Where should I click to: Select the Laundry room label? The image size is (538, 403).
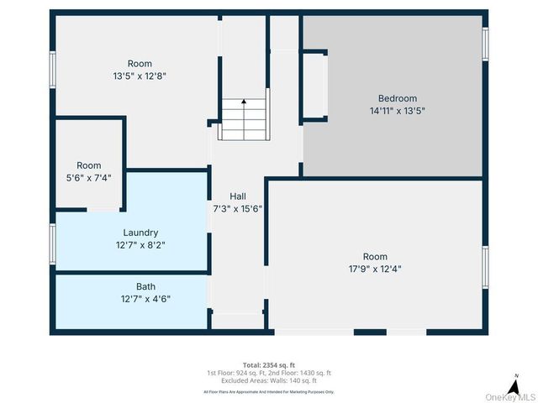click(x=140, y=233)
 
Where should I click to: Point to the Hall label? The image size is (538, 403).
click(x=238, y=196)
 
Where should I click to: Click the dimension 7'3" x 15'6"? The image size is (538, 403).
click(x=238, y=208)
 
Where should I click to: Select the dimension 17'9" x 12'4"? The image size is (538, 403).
click(x=375, y=270)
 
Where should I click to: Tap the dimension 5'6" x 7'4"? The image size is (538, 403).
click(x=89, y=178)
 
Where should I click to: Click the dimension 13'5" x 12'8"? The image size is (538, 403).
click(x=140, y=76)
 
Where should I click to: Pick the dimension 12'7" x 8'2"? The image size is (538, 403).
click(x=140, y=245)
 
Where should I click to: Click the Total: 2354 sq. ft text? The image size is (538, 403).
click(x=268, y=364)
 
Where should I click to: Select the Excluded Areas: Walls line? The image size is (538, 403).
click(x=268, y=381)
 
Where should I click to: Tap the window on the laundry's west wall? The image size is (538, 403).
click(x=52, y=243)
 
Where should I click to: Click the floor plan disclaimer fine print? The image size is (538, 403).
click(x=268, y=391)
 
